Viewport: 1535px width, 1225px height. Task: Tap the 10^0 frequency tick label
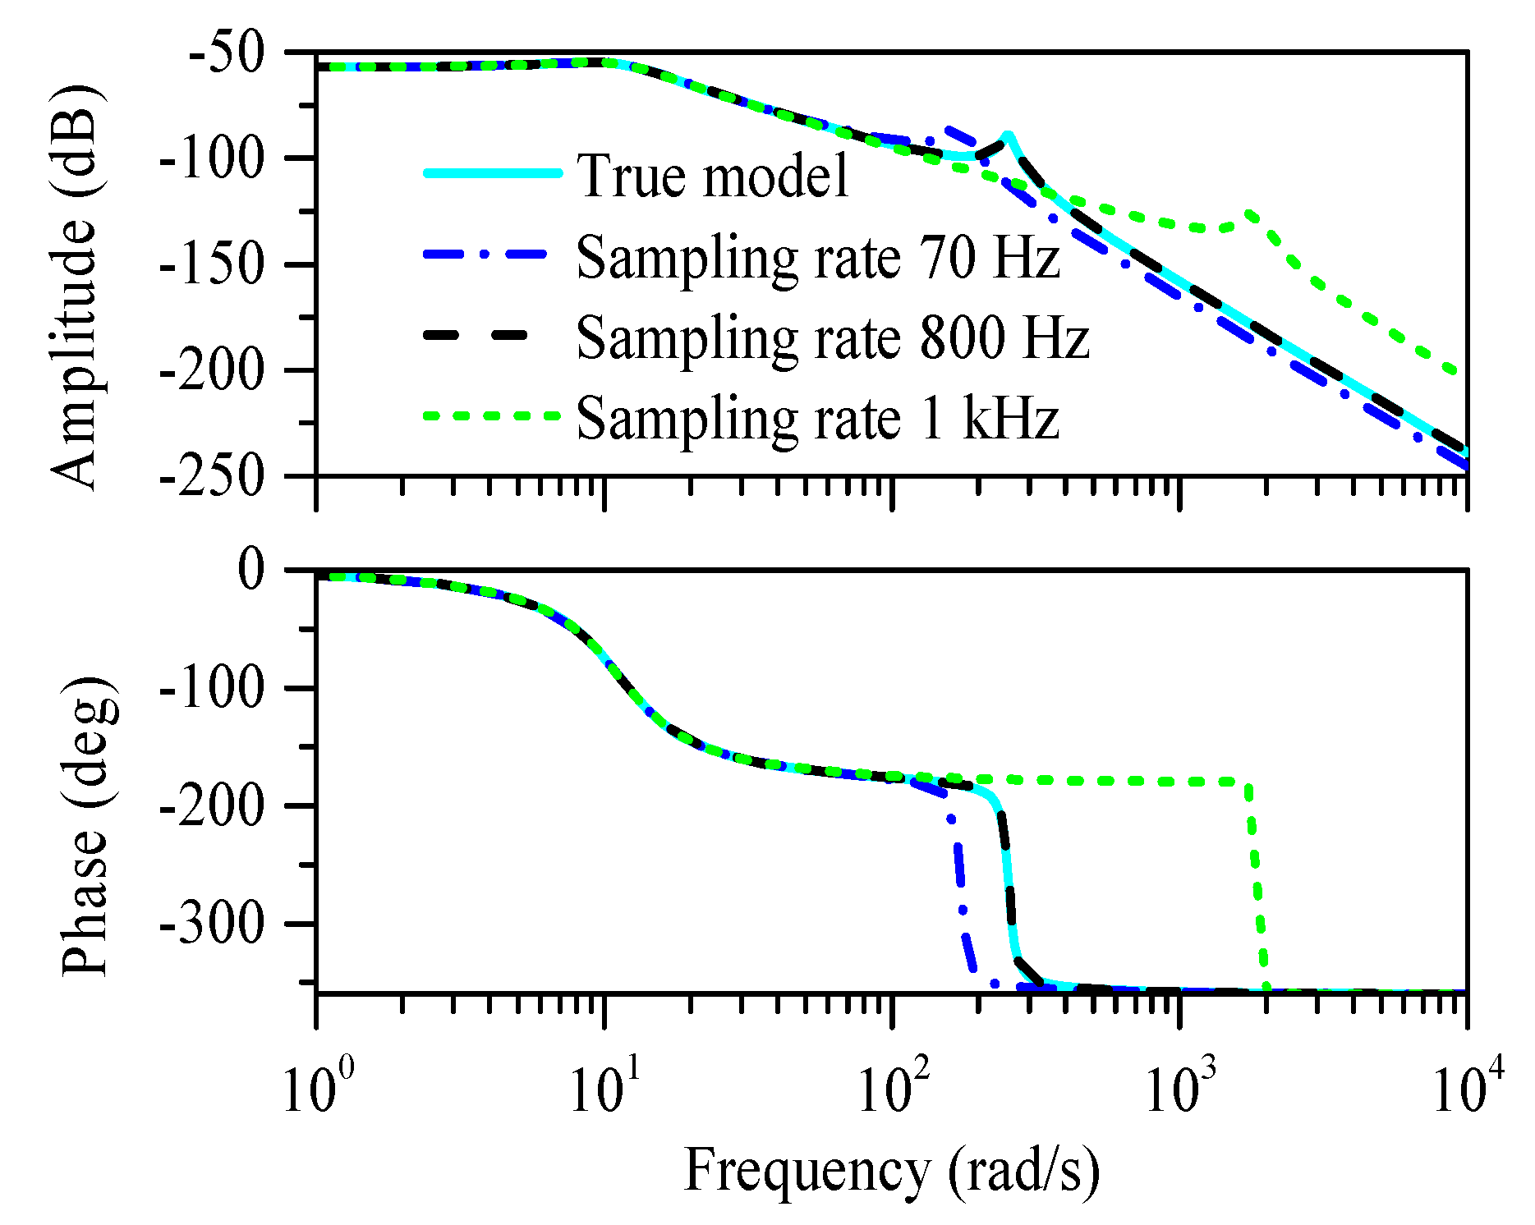[x=317, y=1089]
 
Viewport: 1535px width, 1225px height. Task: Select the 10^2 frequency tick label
[x=893, y=1089]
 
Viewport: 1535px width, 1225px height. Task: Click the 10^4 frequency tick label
[x=1468, y=1089]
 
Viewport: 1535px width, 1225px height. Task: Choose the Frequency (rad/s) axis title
[x=891, y=1171]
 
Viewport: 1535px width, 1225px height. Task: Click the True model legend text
[x=712, y=175]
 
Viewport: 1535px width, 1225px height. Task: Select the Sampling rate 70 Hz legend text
[x=817, y=257]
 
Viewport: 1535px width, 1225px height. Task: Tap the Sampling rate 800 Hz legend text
[x=832, y=337]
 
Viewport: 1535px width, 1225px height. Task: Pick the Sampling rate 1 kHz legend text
[x=817, y=417]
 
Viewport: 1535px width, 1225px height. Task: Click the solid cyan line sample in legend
[x=493, y=173]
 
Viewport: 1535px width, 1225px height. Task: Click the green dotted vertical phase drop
[x=1256, y=887]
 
